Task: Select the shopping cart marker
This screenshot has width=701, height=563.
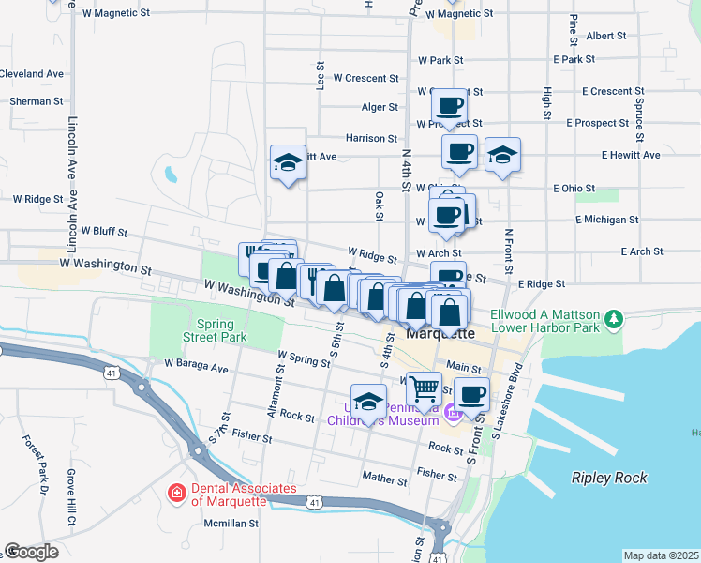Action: pos(425,388)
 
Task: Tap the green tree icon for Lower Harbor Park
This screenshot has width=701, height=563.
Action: pos(614,320)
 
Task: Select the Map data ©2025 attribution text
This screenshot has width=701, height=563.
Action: pos(661,555)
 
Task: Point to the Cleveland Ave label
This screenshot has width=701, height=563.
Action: pos(32,73)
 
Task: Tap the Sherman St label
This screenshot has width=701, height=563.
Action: pos(37,100)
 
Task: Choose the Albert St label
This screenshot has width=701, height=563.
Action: pos(605,36)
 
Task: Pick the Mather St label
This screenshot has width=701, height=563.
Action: pos(386,479)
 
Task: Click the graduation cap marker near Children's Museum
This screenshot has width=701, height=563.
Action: pos(369,402)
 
